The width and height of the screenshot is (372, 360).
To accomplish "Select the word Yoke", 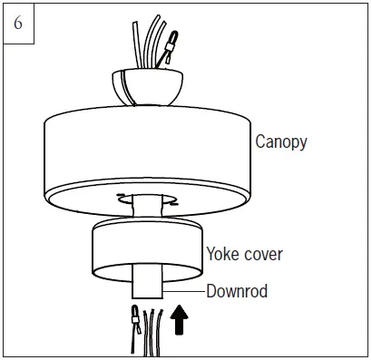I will coord(224,254).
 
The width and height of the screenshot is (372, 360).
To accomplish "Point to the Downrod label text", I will coord(240,292).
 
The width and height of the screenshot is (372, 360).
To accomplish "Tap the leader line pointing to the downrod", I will coord(186,292).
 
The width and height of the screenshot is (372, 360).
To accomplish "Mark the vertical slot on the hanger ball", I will coord(122,87).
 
